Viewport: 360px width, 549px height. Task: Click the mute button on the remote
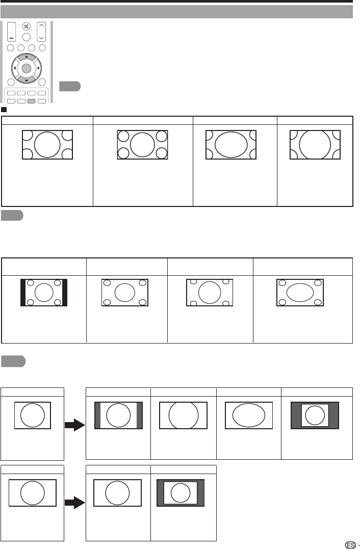[27, 27]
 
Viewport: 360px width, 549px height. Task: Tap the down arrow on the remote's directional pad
[27, 80]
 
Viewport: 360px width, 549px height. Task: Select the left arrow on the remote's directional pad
[14, 68]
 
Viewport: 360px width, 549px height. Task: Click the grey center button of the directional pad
[27, 68]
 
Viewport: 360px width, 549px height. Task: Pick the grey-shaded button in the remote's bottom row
[32, 101]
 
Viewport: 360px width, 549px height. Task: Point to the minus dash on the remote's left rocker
[11, 39]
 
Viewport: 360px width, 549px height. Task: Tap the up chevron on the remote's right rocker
[42, 25]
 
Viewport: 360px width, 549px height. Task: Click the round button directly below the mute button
[27, 37]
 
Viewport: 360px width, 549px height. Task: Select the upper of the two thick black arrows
[74, 426]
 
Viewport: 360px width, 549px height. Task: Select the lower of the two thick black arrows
[74, 503]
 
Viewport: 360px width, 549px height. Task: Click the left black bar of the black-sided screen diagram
[23, 293]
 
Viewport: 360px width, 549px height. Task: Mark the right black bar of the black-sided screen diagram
[64, 293]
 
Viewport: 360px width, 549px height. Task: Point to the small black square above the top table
[3, 109]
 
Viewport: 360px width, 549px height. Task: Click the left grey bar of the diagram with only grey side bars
[98, 414]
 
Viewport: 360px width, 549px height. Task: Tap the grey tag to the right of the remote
[69, 86]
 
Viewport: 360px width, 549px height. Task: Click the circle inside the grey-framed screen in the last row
[180, 493]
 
